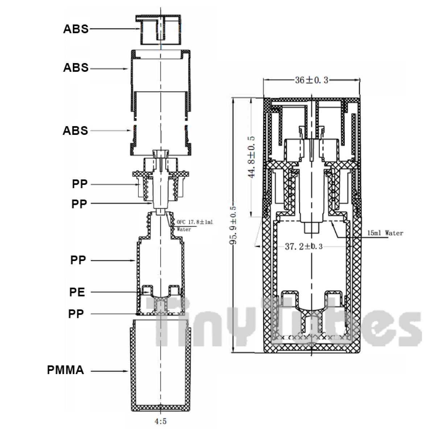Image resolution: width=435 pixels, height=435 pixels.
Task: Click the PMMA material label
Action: coord(66,370)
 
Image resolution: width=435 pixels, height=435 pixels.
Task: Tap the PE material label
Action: coord(77,292)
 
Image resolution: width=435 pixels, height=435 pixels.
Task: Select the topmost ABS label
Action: coord(76,29)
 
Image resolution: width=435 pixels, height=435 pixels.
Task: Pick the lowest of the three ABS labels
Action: coord(75,131)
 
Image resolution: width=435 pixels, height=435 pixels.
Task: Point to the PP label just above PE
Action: coord(78,260)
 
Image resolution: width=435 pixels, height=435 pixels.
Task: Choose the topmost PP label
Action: coord(80,184)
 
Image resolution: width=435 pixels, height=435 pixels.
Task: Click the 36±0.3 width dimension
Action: coord(311,80)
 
